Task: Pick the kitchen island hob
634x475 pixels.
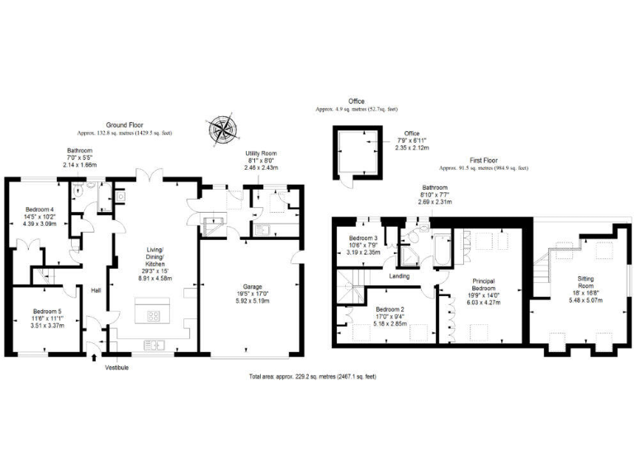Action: click(x=154, y=315)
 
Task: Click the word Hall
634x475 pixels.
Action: click(x=96, y=289)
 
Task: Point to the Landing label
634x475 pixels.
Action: click(x=400, y=276)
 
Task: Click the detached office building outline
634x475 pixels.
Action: click(x=357, y=153)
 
